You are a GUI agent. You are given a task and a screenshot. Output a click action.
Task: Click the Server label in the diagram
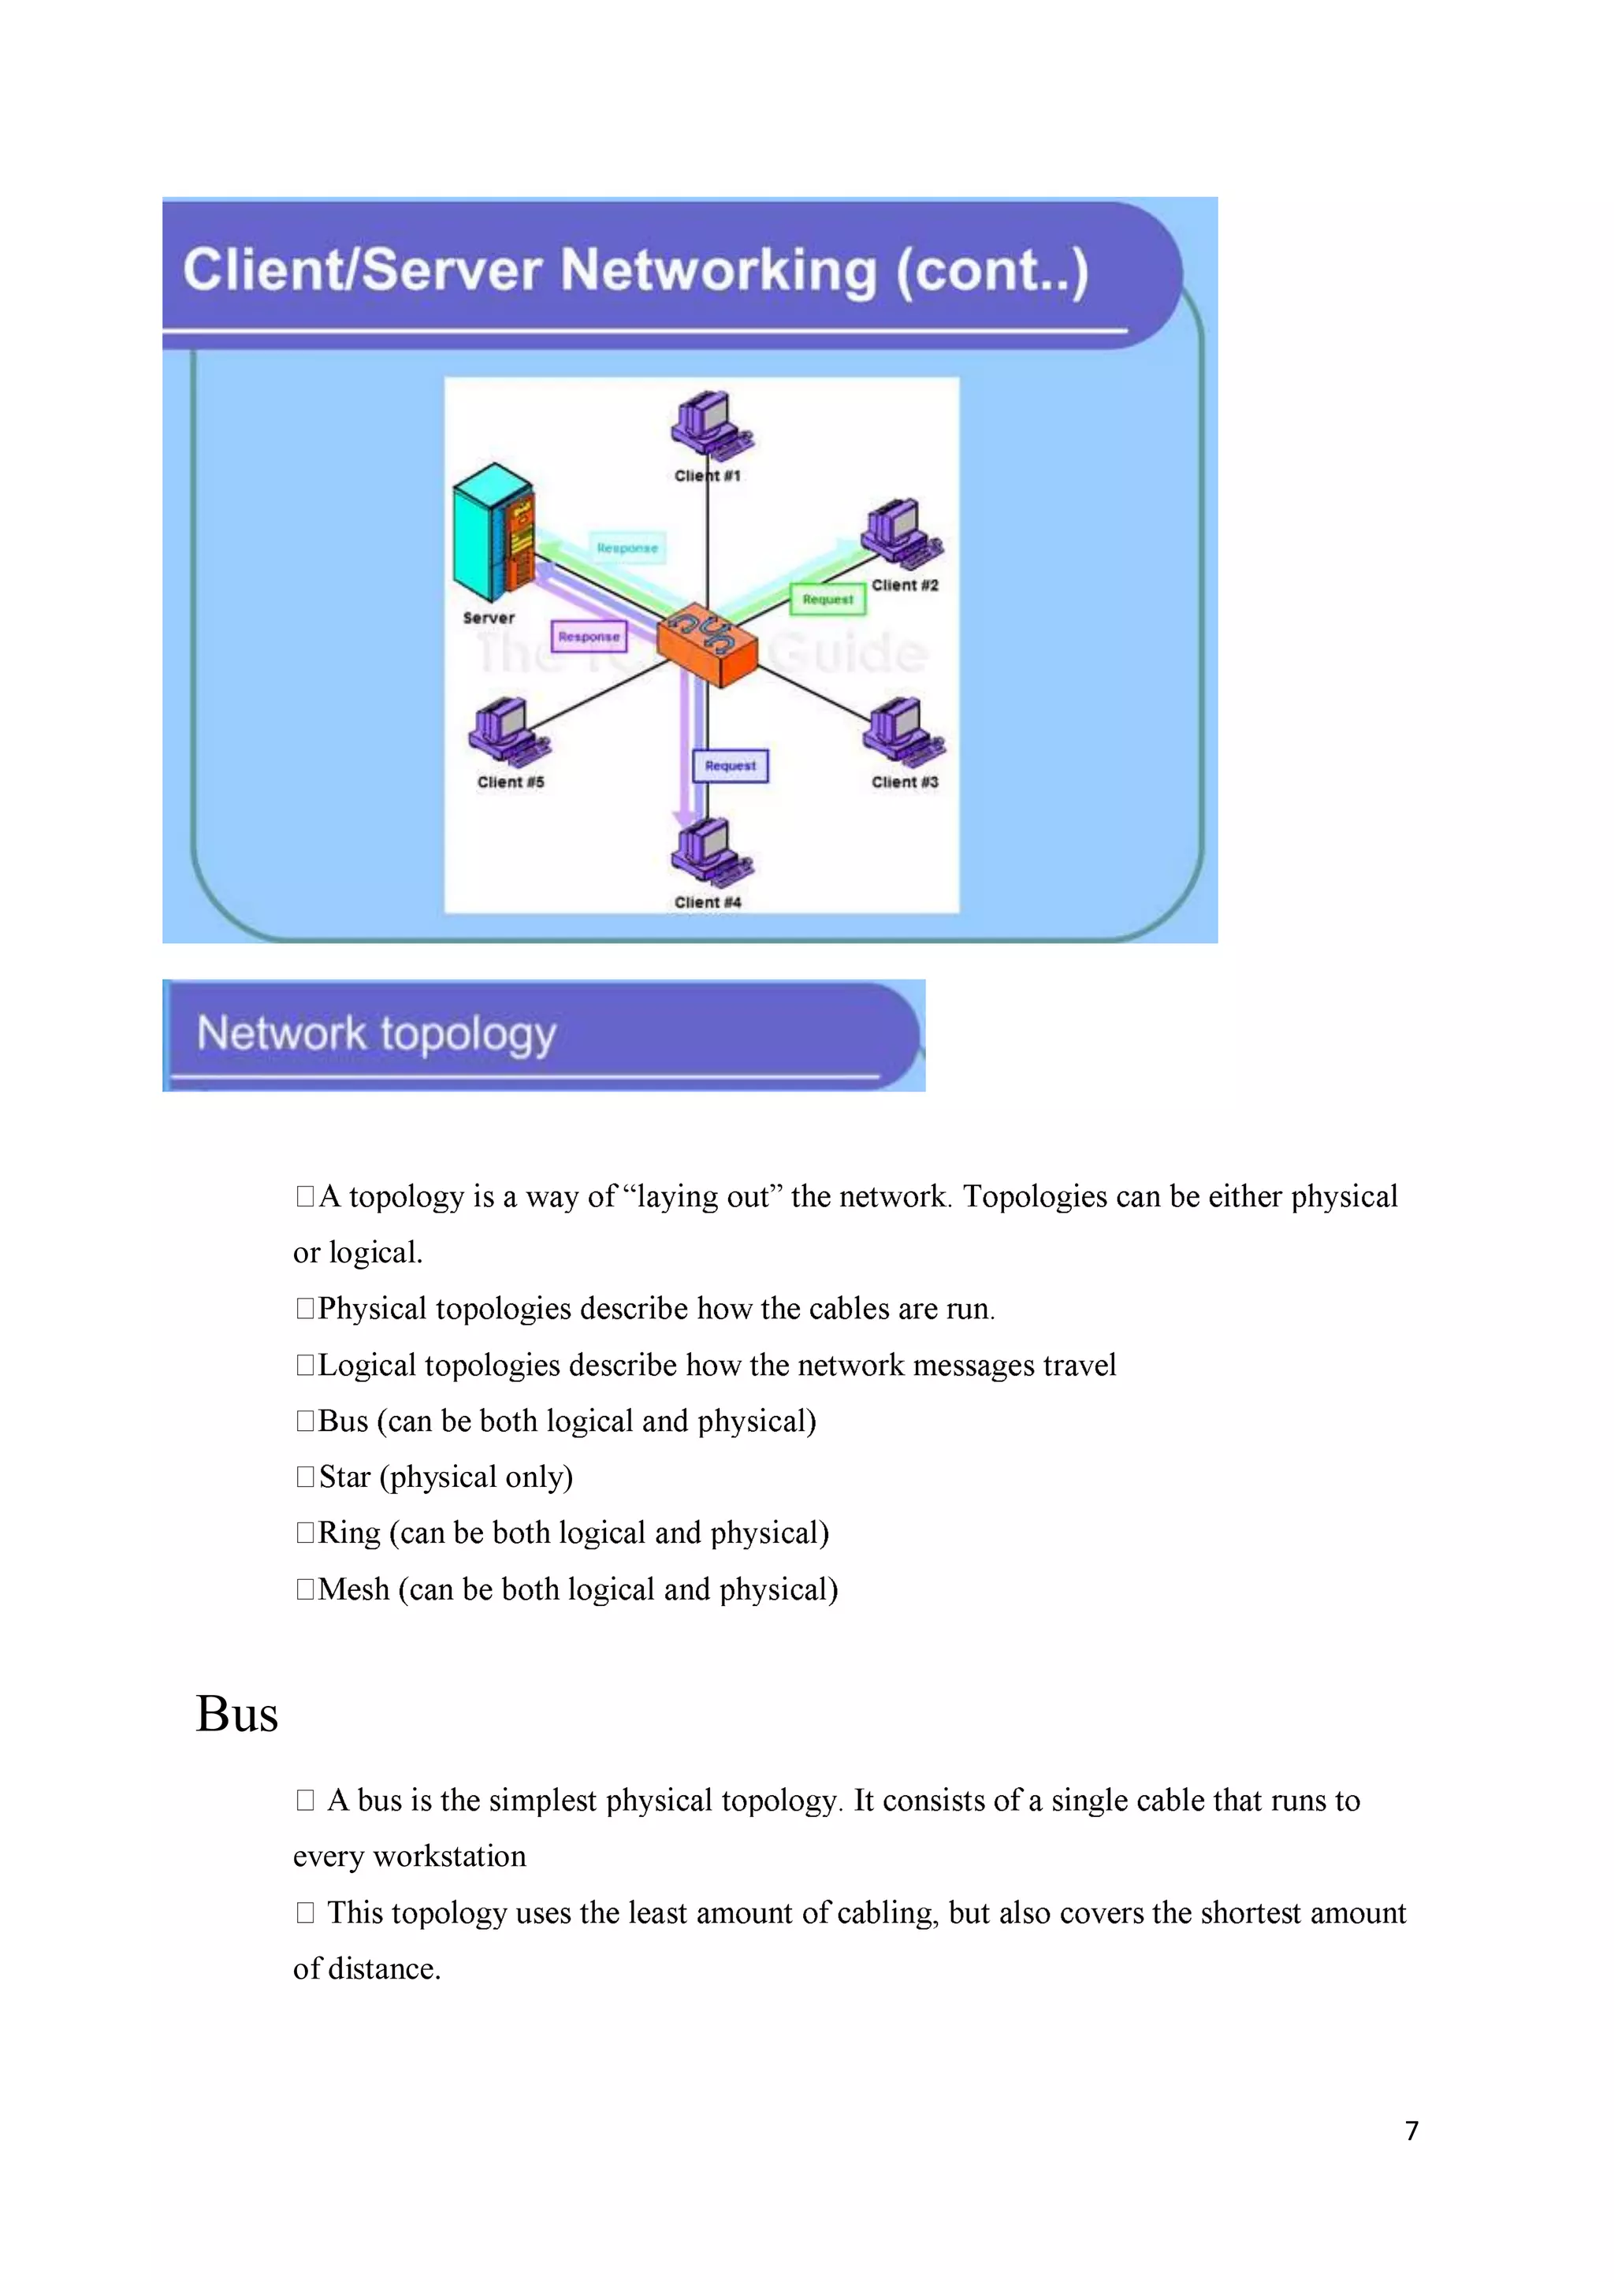coord(488,617)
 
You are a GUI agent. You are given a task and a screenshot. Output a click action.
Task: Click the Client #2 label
coord(905,585)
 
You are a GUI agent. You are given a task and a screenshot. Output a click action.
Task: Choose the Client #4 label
coord(708,902)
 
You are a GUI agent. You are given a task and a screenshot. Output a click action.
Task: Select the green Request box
coord(827,600)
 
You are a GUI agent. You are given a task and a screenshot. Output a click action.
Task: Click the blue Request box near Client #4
coord(731,765)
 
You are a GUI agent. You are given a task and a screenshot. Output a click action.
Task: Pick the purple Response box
coord(589,636)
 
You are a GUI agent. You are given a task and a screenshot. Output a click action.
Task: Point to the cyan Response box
coord(627,548)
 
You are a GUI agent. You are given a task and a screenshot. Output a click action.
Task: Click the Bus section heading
coord(236,1715)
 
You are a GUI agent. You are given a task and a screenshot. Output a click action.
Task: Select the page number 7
coord(1411,2130)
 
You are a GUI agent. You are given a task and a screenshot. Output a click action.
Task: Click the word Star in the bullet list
coord(345,1477)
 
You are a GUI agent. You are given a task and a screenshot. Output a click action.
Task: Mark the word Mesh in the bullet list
coord(354,1589)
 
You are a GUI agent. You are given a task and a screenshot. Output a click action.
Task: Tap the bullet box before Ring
coord(304,1533)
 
